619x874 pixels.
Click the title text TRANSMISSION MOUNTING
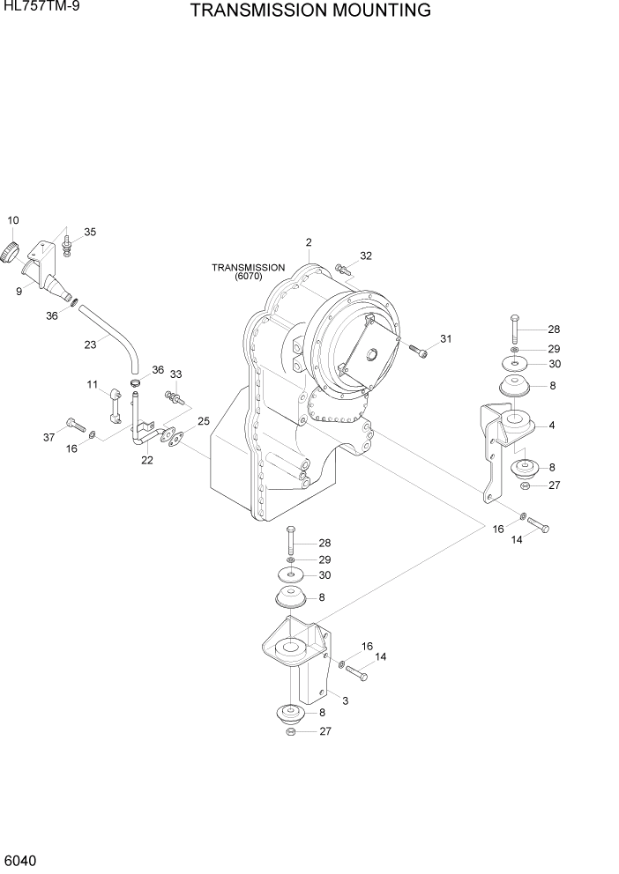click(x=310, y=11)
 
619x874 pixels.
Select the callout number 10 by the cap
click(x=13, y=219)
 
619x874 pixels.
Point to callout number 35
click(x=90, y=233)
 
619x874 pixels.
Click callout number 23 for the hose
click(x=90, y=344)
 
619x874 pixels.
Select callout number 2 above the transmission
click(x=309, y=242)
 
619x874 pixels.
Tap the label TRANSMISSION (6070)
click(x=248, y=271)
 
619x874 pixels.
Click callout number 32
click(x=365, y=256)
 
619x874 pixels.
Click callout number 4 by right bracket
click(x=551, y=426)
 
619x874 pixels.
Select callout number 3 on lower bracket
click(x=345, y=700)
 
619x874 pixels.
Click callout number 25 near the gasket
click(x=204, y=421)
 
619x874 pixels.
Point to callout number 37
click(x=49, y=437)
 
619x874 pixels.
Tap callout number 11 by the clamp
click(x=91, y=384)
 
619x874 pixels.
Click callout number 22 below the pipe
click(x=147, y=460)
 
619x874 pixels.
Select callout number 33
click(x=175, y=374)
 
